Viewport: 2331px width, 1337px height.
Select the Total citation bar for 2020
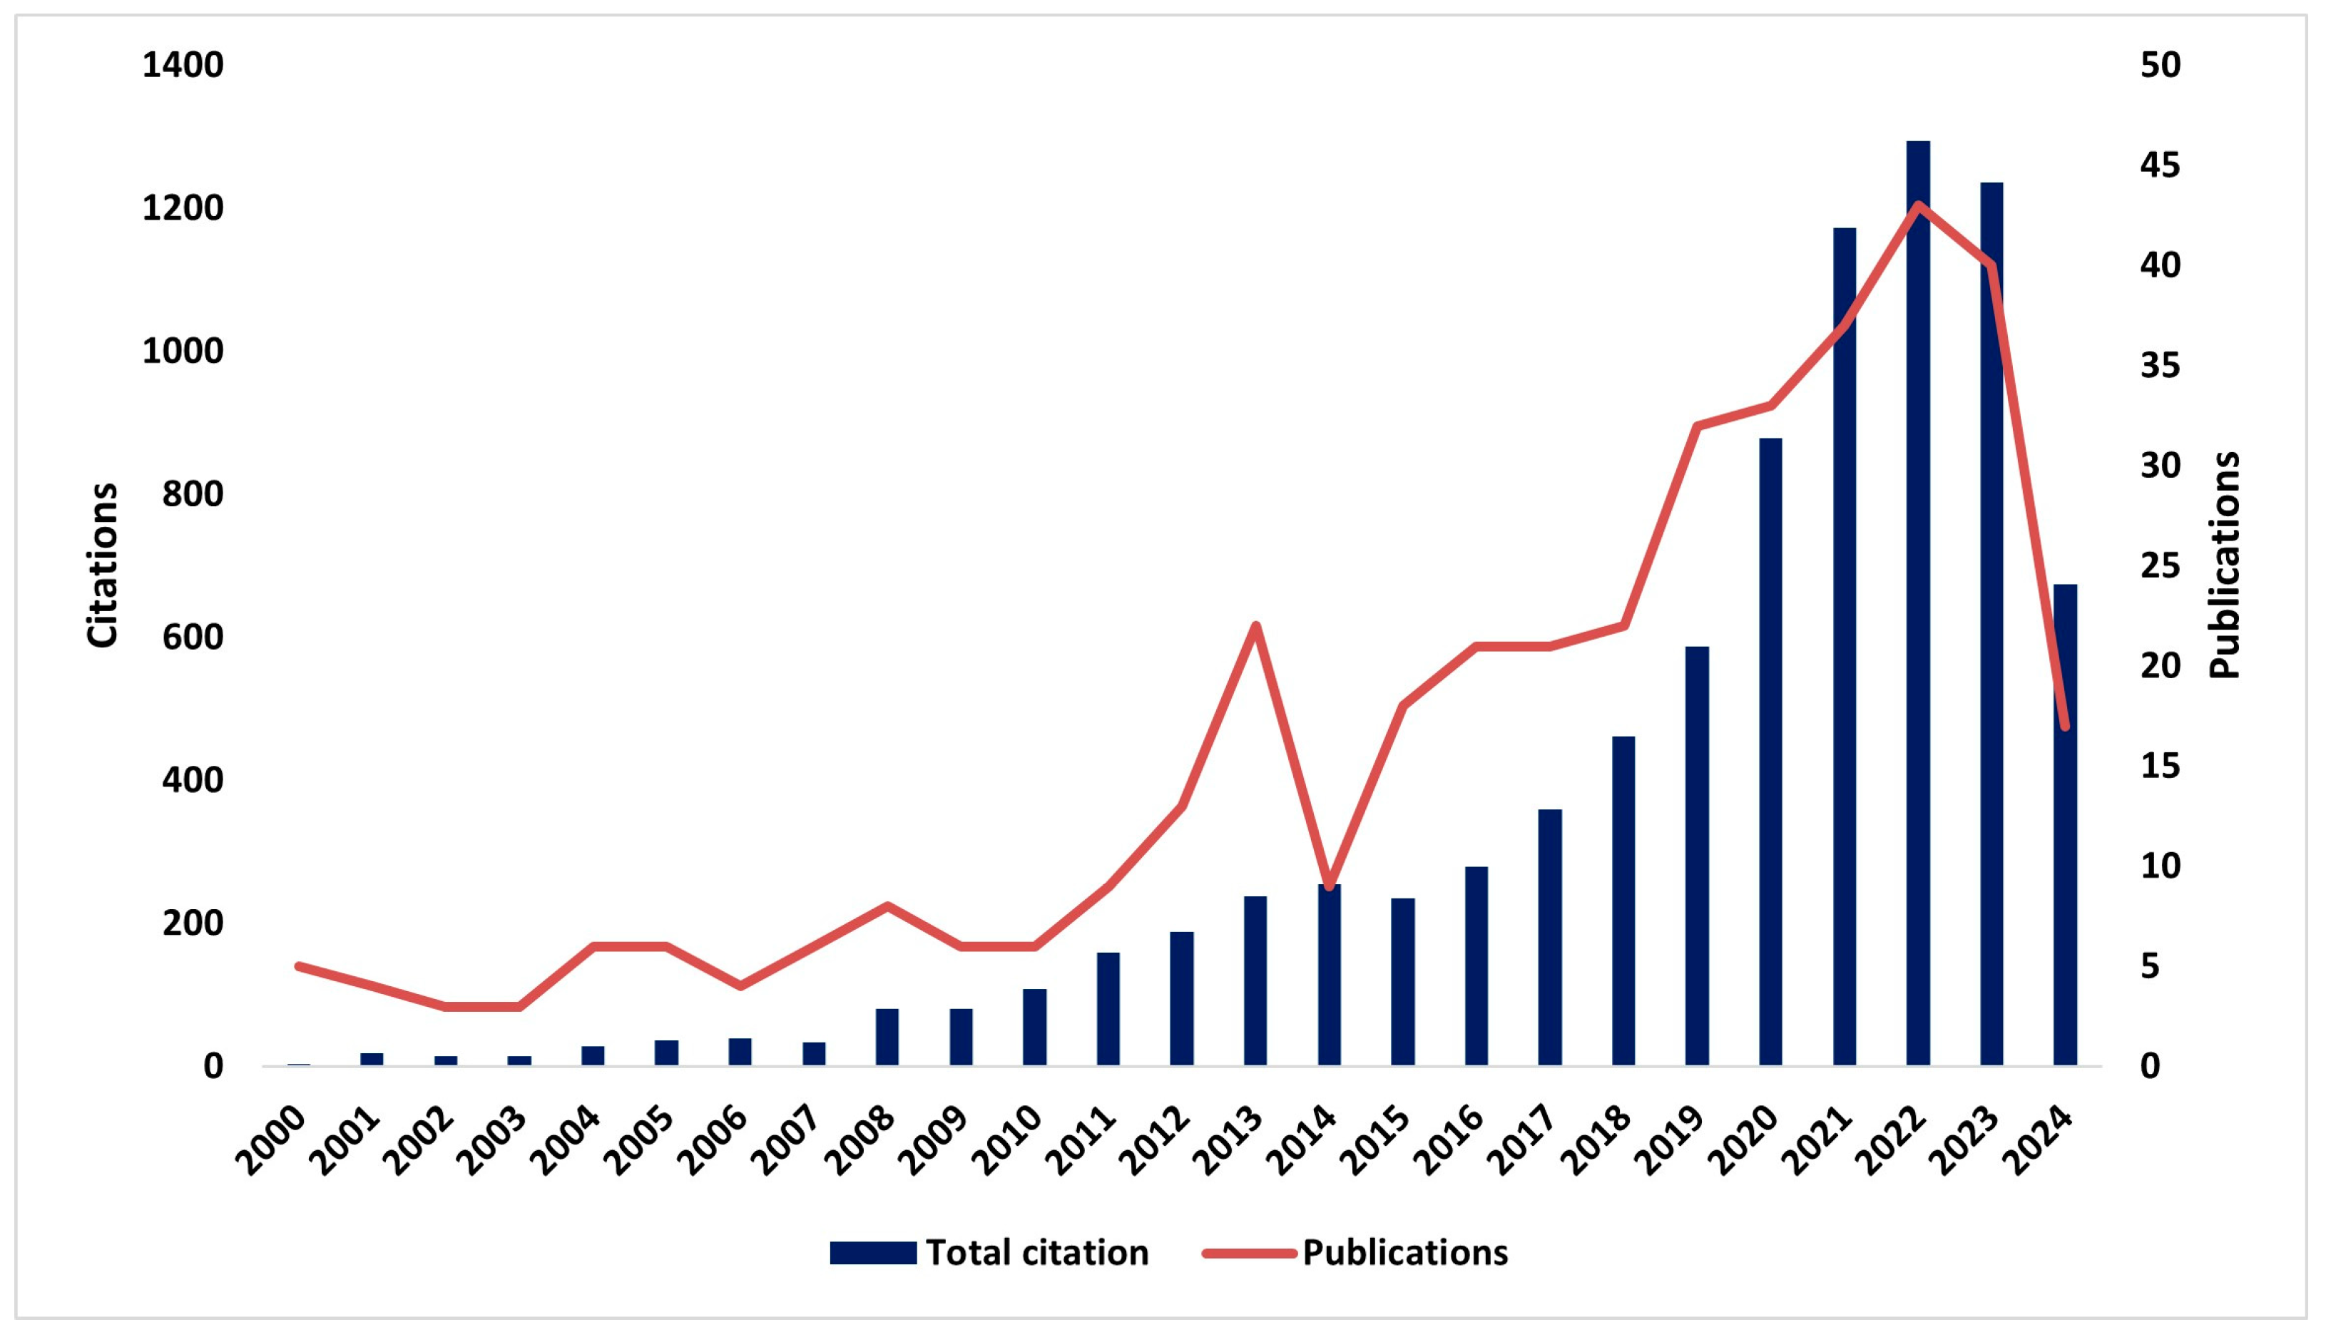(x=1771, y=753)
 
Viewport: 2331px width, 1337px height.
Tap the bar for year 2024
(x=2065, y=826)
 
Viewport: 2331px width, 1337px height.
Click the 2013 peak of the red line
(x=1255, y=625)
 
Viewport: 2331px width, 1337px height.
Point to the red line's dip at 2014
(x=1329, y=887)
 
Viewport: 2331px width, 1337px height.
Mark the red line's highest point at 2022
(x=1918, y=204)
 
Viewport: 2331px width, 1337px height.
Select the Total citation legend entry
(x=989, y=1254)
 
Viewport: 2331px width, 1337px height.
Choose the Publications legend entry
(x=1357, y=1254)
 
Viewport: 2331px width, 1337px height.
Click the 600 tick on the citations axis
(x=193, y=637)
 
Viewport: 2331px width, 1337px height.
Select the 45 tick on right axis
(x=2159, y=165)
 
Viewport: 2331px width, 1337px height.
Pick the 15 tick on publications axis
(x=2159, y=766)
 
